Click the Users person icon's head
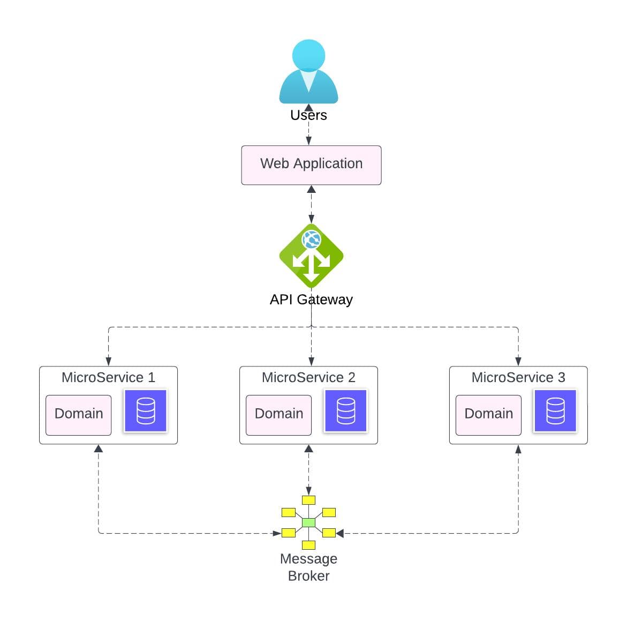309,55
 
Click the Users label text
308,115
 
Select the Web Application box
311,164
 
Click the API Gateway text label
311,300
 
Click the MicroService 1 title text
108,377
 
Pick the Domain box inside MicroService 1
79,414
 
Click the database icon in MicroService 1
146,411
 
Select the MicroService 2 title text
308,377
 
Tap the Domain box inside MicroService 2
278,414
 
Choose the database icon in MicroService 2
346,411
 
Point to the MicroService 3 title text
518,377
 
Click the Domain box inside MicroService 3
488,414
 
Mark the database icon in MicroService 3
555,411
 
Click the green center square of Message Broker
308,522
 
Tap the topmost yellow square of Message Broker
308,500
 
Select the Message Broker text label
308,567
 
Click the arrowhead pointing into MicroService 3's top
518,362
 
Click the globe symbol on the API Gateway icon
311,239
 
